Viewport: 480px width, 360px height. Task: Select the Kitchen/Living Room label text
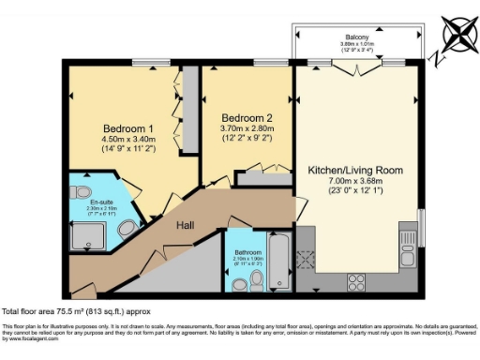point(355,171)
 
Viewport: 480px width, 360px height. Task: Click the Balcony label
point(354,37)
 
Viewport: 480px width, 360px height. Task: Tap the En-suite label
point(103,201)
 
